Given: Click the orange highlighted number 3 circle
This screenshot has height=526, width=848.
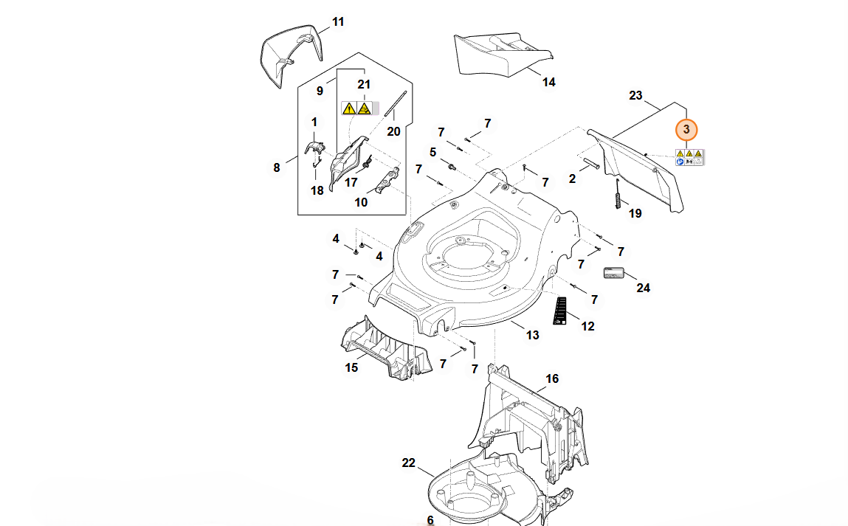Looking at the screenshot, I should pos(686,130).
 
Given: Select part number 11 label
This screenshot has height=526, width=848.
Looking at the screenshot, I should pos(338,22).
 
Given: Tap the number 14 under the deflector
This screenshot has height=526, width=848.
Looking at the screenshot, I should pos(548,82).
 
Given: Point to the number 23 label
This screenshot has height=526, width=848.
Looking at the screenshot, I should pos(635,96).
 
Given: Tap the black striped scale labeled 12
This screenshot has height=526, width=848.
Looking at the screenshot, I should pos(560,310).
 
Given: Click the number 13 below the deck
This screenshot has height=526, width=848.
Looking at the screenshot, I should pos(532,335).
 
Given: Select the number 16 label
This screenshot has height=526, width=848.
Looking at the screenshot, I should pos(552,379).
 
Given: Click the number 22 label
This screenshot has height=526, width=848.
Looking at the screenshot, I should pos(409,463).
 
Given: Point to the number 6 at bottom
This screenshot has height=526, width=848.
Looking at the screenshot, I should pos(430,520).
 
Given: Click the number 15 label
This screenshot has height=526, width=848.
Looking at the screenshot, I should pos(352,367).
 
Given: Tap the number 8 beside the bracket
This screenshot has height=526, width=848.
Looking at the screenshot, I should pos(277,168).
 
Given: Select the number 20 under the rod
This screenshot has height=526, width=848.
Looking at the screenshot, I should pos(393,131).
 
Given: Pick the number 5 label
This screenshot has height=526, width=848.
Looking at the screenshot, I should pos(433,152).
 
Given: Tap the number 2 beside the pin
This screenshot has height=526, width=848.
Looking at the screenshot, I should pos(572,179).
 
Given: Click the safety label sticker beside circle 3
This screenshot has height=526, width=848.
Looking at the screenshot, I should pos(689,156).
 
